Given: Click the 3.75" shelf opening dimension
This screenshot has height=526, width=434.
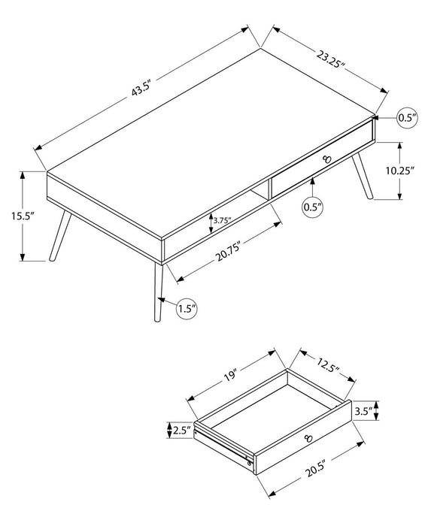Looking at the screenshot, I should [221, 220].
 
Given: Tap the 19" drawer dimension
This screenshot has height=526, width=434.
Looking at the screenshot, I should [230, 373].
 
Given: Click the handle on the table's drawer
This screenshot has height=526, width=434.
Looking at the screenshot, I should [326, 158].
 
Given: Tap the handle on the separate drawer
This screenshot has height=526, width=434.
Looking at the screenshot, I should [308, 438].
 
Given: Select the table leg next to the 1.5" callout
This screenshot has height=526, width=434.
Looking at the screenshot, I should [157, 293].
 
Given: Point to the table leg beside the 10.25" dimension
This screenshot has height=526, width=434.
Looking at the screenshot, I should [363, 175].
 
